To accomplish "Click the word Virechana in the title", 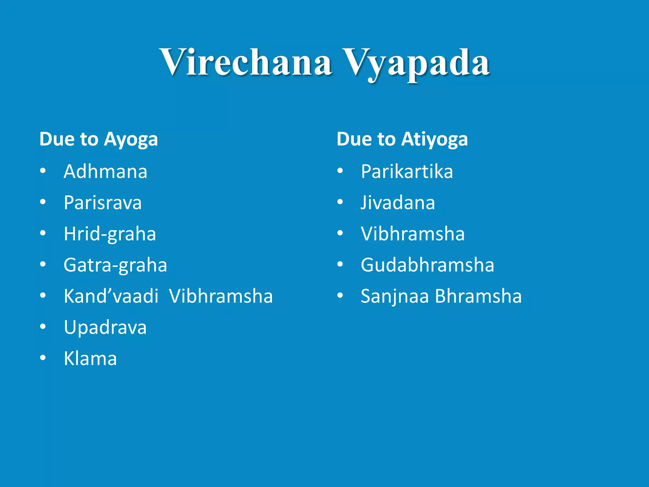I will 246,62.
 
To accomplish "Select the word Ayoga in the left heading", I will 131,140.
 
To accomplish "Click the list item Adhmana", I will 106,172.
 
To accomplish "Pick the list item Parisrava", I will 103,203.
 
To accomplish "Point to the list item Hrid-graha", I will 110,234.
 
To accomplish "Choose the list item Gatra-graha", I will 115,265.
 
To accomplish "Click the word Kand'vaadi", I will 111,296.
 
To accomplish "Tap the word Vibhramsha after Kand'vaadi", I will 221,296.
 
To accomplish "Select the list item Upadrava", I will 105,328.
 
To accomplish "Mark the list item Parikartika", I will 407,172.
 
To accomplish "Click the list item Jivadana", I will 398,203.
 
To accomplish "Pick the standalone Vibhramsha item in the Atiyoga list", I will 413,234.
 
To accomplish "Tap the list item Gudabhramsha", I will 427,265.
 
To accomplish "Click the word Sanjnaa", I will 395,296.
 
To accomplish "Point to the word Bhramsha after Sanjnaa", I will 478,296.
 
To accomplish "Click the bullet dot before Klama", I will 43,358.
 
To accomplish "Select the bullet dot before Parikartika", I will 340,171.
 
